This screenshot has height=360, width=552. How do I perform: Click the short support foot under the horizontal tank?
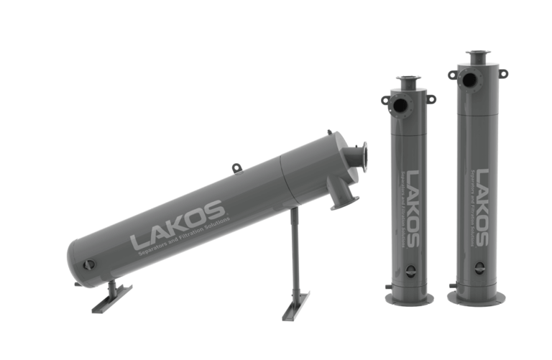coord(111,297)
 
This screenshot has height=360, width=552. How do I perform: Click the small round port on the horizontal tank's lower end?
coord(88,264)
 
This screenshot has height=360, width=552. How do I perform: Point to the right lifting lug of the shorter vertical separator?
coord(431,98)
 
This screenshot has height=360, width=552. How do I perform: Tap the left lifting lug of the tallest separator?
coord(453,74)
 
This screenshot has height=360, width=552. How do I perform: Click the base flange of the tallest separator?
coord(478,297)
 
